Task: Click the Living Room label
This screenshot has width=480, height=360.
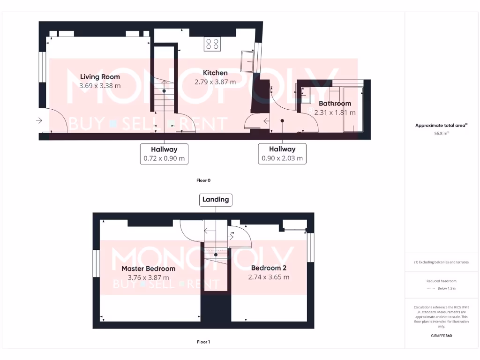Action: pos(100,77)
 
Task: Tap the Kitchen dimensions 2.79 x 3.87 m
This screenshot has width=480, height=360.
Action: pos(215,82)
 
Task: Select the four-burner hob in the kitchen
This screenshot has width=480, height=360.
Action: pos(212,44)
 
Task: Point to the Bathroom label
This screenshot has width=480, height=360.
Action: pos(335,104)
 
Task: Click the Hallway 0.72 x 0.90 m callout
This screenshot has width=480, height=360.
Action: pos(164,154)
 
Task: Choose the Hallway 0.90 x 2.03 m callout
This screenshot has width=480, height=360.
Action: pos(282,154)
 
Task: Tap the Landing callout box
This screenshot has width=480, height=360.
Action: pos(216,200)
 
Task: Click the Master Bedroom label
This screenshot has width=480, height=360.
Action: pos(148,269)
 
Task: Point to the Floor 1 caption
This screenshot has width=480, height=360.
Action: pos(203,342)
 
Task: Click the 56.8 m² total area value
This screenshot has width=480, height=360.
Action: pos(442,134)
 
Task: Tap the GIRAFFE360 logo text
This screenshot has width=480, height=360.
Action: pos(442,336)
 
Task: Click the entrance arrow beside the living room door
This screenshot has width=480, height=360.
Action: pos(38,121)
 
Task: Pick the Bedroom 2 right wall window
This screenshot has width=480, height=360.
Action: pos(310,247)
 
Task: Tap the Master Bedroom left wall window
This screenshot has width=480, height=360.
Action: pos(96,264)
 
